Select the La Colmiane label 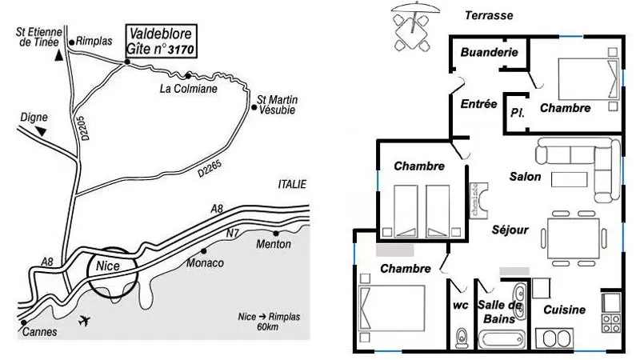[189, 89]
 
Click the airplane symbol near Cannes [86, 322]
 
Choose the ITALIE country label [292, 184]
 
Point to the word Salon [525, 177]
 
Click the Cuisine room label [564, 310]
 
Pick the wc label [459, 305]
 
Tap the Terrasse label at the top [489, 15]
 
